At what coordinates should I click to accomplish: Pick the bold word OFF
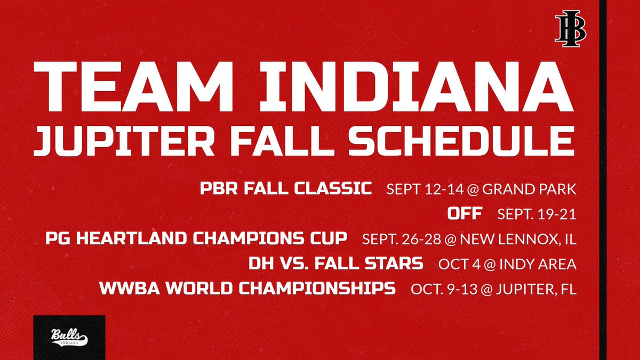click(x=465, y=214)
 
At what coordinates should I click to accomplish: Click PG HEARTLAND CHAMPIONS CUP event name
click(x=197, y=239)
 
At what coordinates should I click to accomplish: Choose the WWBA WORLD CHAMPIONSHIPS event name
click(x=247, y=289)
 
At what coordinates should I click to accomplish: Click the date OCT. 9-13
click(x=446, y=289)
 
